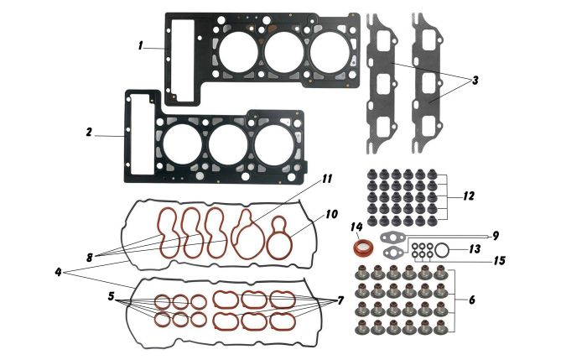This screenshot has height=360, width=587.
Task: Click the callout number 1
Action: [x=140, y=46]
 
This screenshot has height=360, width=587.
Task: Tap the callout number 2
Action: [x=89, y=132]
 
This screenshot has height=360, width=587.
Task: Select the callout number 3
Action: [x=475, y=81]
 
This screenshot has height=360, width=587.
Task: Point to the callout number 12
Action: [x=469, y=196]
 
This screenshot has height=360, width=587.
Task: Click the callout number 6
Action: [x=471, y=300]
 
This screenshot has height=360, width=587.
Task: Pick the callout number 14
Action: [x=356, y=227]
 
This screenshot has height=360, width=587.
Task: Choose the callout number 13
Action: [x=475, y=249]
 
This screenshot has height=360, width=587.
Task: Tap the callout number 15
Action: [x=500, y=260]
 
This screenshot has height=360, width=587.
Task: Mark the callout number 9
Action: [x=496, y=236]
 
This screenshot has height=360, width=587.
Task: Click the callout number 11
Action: [x=327, y=179]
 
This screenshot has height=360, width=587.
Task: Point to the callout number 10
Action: [x=332, y=214]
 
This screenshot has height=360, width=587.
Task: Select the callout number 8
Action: [x=90, y=258]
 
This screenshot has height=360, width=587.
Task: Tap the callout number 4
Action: [x=58, y=273]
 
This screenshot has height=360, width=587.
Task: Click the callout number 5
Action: [x=111, y=297]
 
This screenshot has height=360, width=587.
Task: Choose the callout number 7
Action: [x=340, y=300]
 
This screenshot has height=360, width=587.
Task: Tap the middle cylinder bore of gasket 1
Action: [x=283, y=52]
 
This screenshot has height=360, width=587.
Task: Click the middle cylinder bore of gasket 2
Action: [x=228, y=144]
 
